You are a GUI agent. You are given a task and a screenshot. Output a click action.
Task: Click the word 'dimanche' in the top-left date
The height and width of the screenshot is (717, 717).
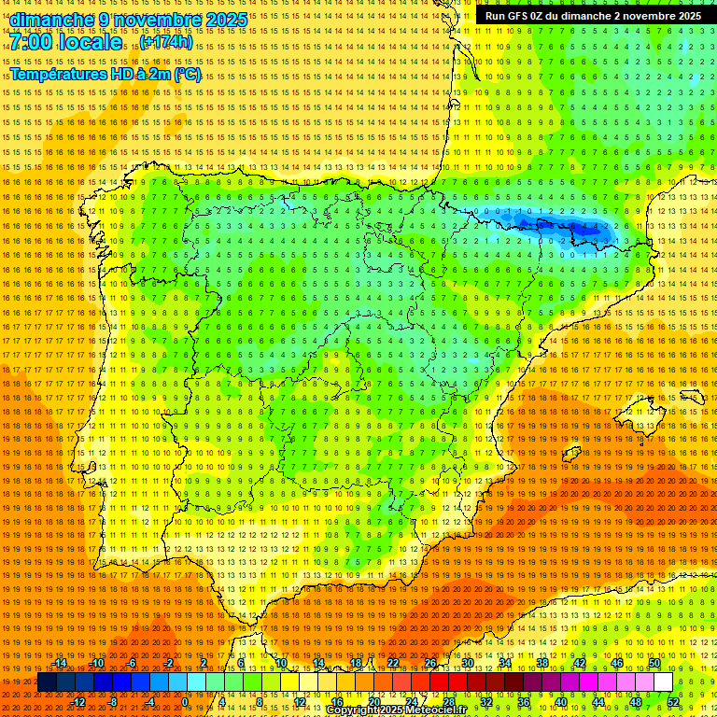pyautogui.click(x=52, y=20)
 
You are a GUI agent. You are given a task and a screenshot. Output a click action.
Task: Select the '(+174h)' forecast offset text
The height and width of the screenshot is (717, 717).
pyautogui.click(x=167, y=42)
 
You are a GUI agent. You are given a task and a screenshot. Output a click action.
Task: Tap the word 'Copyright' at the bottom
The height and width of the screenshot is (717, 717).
pyautogui.click(x=353, y=710)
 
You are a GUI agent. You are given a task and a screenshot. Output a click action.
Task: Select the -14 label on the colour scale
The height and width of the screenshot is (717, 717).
pyautogui.click(x=62, y=663)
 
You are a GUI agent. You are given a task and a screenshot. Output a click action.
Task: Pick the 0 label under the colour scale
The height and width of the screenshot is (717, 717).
pyautogui.click(x=185, y=702)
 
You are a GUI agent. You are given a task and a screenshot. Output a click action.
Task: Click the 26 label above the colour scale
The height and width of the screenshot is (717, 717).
pyautogui.click(x=430, y=663)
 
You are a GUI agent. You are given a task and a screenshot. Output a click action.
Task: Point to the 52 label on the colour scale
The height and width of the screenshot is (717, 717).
pyautogui.click(x=673, y=702)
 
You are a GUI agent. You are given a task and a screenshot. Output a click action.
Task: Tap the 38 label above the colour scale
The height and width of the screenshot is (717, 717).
pyautogui.click(x=542, y=663)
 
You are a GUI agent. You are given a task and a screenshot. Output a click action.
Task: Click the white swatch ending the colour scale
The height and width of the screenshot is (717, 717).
pyautogui.click(x=663, y=682)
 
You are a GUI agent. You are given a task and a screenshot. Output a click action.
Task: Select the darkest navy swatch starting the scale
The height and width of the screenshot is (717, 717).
pyautogui.click(x=47, y=682)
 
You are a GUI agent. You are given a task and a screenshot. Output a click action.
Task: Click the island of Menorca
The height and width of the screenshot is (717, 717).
pyautogui.click(x=692, y=396)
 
